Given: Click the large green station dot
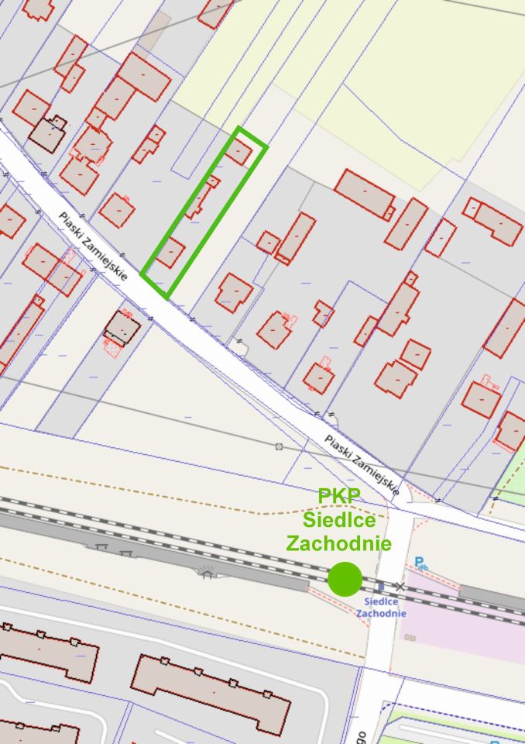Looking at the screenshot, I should [345, 579].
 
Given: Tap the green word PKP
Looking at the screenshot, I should [339, 497].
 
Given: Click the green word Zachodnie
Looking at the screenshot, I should [338, 542].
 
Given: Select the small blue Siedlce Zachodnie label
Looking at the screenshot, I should [381, 608].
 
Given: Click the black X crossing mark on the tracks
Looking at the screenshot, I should [400, 587].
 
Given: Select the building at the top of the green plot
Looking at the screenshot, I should [238, 150].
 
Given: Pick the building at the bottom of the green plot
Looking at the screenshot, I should [170, 253].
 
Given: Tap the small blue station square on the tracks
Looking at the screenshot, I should [379, 587].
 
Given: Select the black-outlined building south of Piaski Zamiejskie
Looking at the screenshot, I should [122, 328].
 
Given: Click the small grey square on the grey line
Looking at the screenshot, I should [279, 446].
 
